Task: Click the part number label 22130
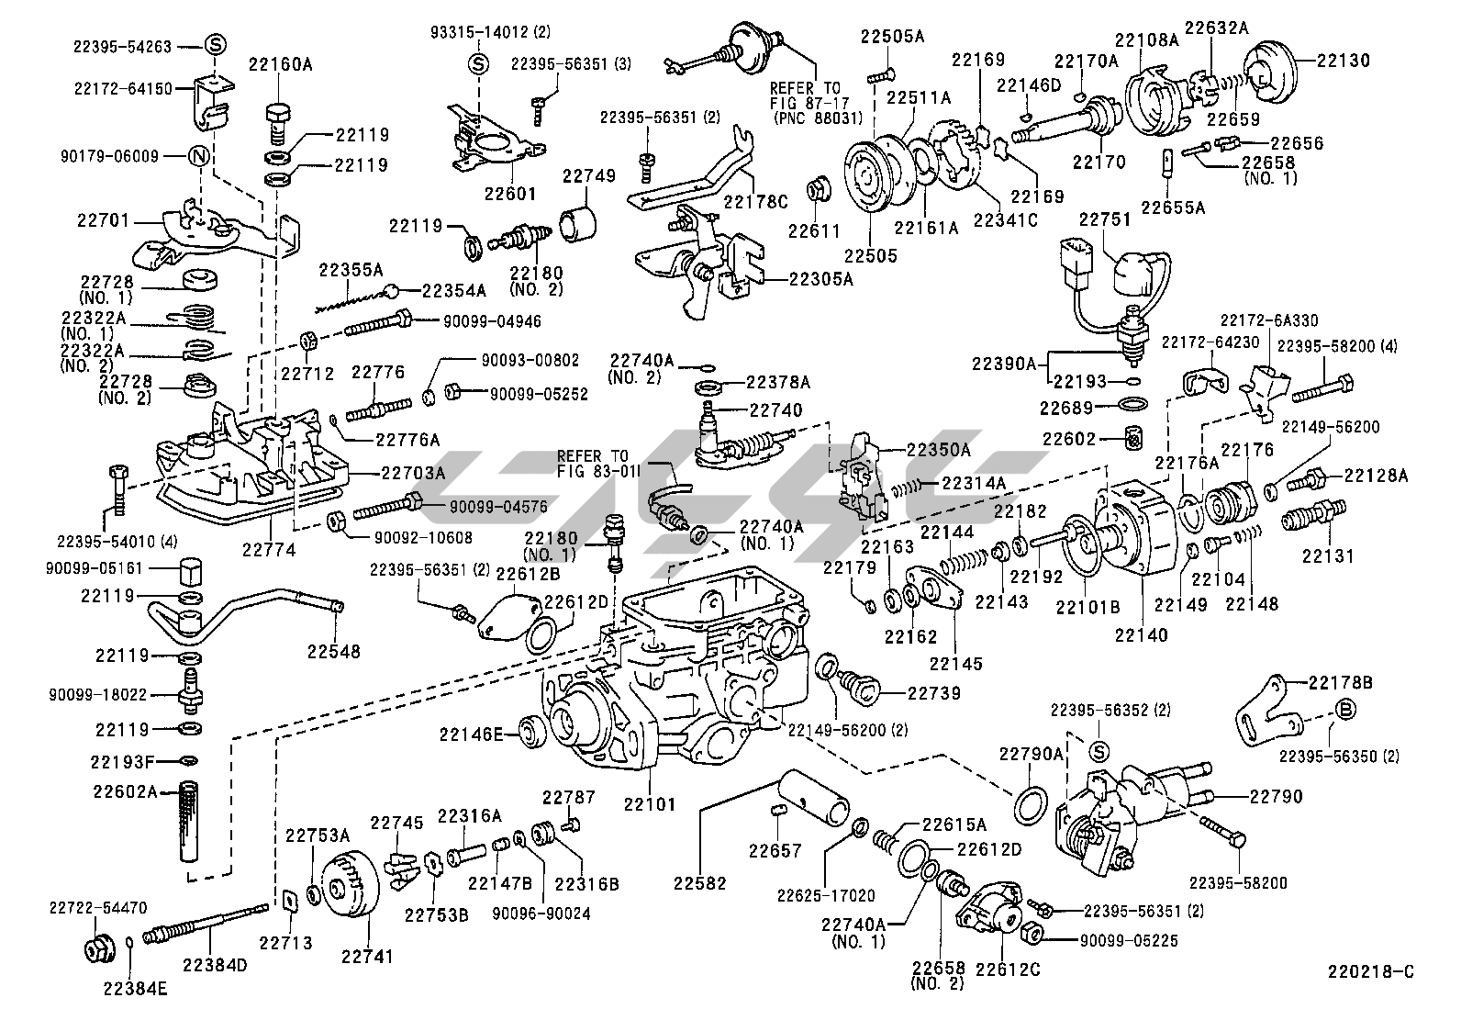[1343, 61]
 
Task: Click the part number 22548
[333, 651]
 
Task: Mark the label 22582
[699, 883]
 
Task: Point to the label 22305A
[820, 279]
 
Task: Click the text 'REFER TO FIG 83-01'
[593, 464]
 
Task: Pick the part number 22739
[934, 693]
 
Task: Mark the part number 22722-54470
[97, 908]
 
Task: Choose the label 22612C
[1008, 969]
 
